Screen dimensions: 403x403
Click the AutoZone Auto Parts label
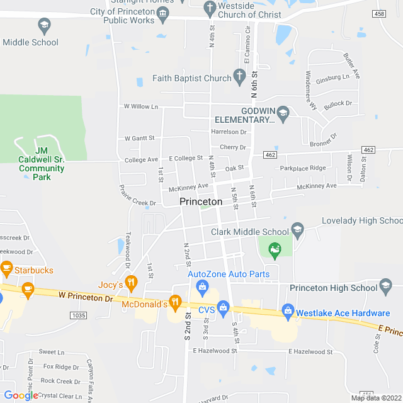229,274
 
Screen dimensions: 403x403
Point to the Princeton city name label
201,201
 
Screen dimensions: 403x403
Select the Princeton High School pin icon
386,287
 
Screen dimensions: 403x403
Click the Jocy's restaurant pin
131,282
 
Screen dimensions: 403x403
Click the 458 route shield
378,14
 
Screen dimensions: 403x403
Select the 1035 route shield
78,315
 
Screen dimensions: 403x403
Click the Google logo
21,395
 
